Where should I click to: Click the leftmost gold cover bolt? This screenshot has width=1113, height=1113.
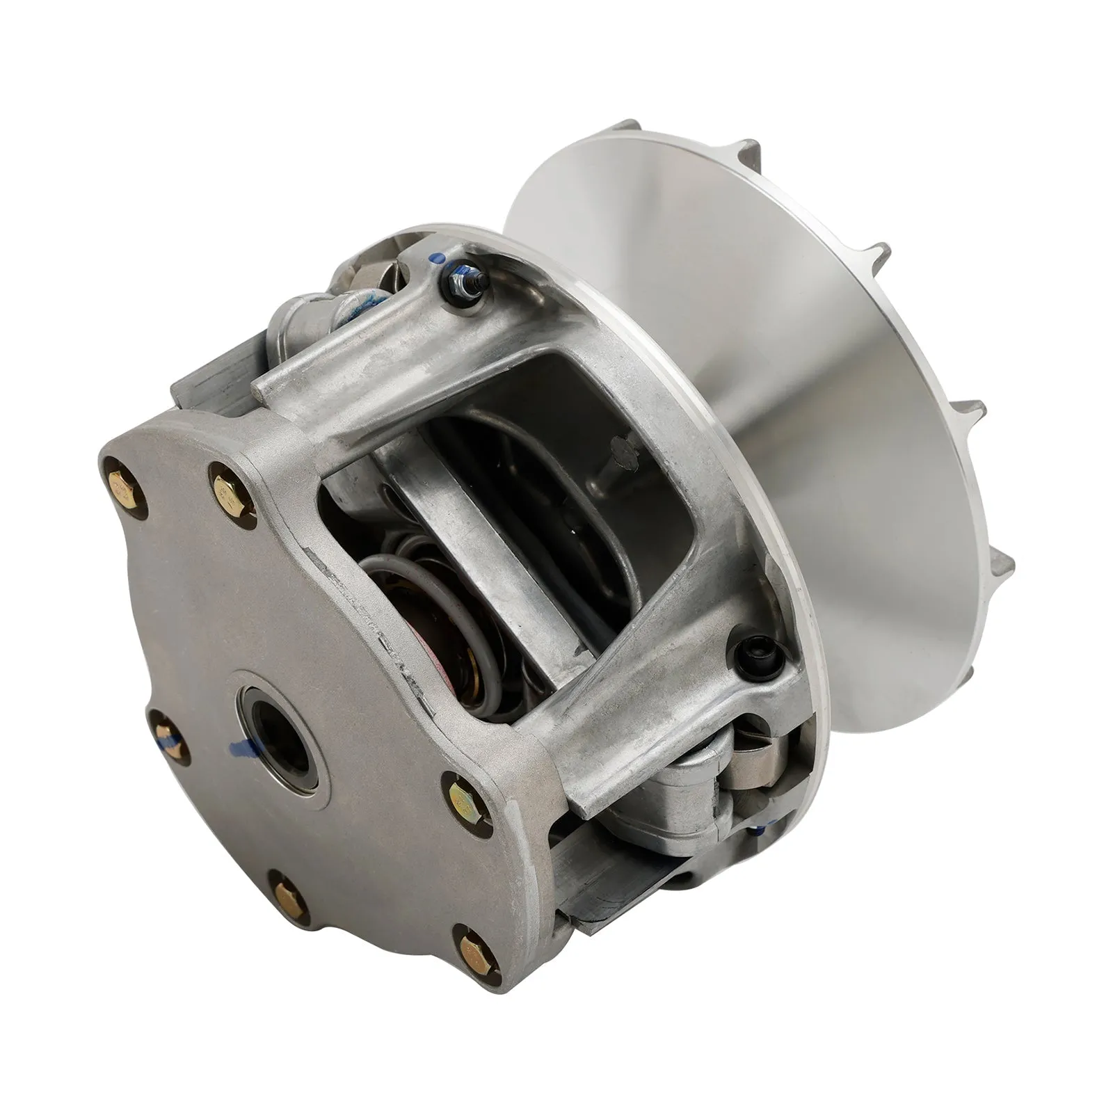click(x=129, y=492)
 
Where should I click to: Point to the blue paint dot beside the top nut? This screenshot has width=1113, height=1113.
click(x=436, y=257)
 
